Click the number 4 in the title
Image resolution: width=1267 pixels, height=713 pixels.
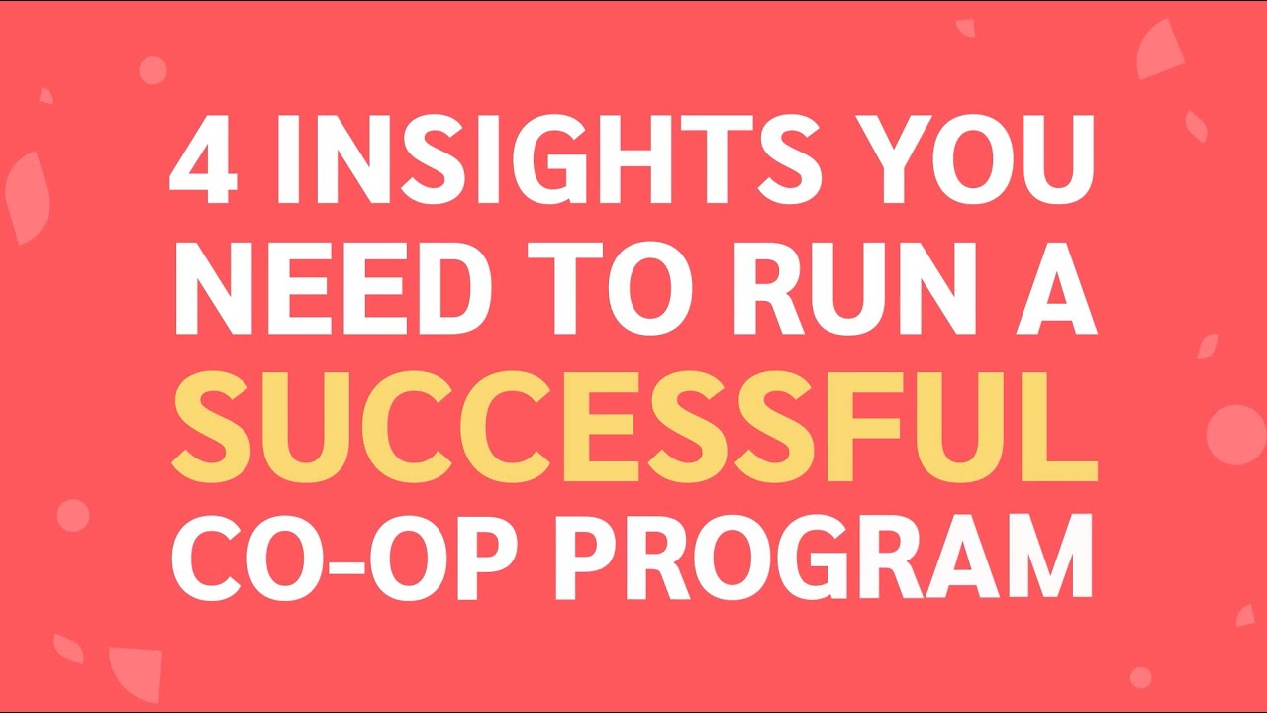[204, 157]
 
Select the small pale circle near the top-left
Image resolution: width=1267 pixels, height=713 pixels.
[152, 69]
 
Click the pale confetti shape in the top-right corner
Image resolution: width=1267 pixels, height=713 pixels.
[1160, 50]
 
